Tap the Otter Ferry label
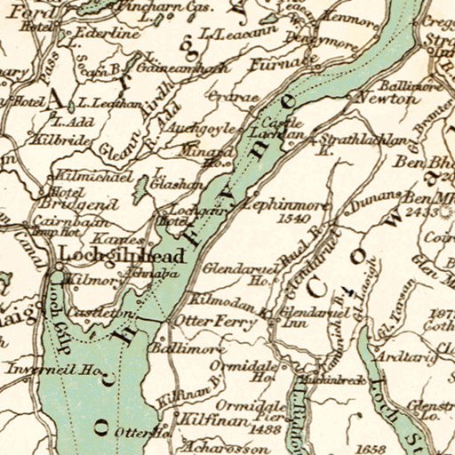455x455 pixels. click(208, 323)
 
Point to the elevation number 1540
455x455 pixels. click(293, 218)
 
